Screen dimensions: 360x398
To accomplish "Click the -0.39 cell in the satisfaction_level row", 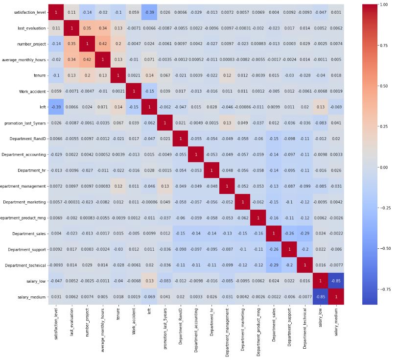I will pos(149,12).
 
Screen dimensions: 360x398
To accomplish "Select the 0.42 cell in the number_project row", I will pos(103,44).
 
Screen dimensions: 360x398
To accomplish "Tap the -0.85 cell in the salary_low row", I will pos(336,281).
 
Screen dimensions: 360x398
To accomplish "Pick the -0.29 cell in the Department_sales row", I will pos(304,234).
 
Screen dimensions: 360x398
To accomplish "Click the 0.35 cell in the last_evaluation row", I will pos(87,28).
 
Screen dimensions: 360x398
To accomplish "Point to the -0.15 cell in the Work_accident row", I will pos(149,92).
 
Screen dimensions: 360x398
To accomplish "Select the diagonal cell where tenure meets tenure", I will pos(118,75).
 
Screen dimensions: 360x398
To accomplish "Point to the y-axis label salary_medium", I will pos(32,297).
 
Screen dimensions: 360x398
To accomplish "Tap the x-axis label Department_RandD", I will pos(180,325).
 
